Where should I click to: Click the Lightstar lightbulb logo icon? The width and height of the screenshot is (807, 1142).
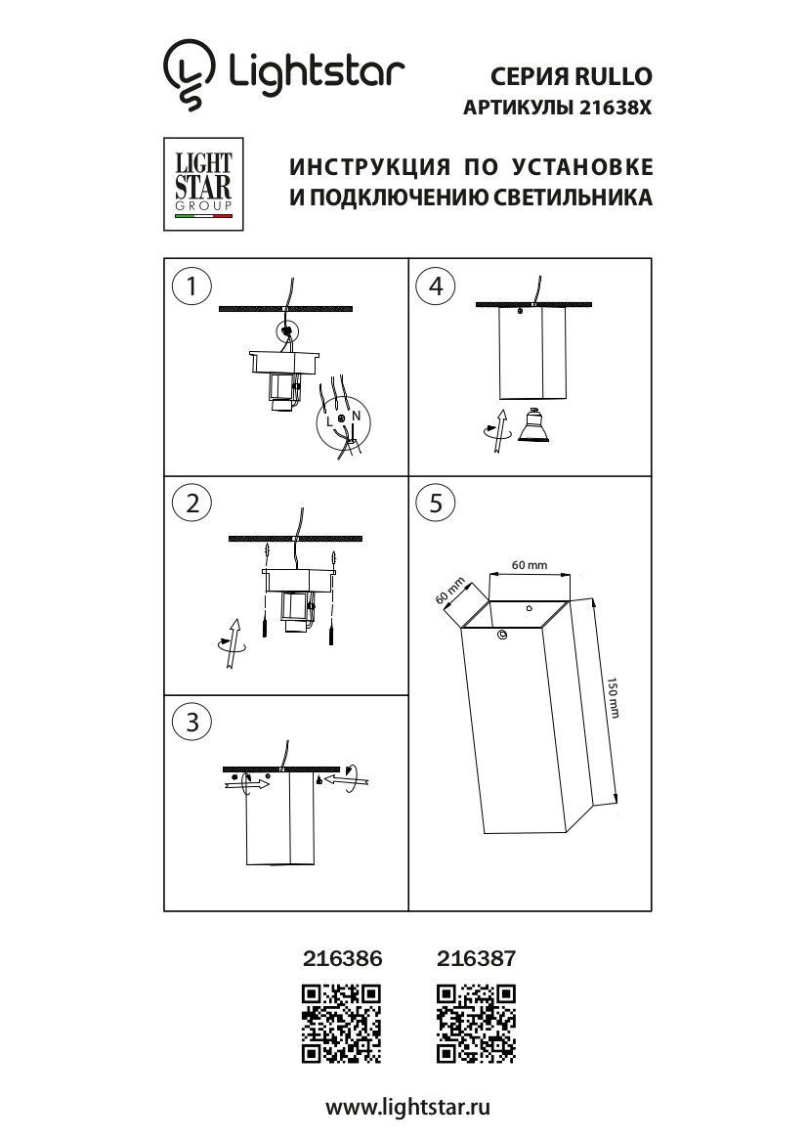point(189,74)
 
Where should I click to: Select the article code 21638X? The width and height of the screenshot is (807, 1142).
point(614,110)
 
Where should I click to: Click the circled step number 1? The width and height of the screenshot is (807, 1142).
point(192,285)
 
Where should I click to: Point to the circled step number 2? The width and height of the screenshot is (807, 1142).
point(192,503)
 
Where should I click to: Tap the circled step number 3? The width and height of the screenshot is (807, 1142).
point(192,722)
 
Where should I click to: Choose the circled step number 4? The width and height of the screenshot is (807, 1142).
point(436,285)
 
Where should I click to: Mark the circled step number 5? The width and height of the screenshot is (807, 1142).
point(436,503)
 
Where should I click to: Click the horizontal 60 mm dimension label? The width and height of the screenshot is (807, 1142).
point(529,566)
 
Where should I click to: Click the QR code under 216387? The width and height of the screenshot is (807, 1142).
point(476,1023)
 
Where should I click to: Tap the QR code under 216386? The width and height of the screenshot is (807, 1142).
point(341,1023)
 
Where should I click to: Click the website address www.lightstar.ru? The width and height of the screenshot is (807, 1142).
point(406,1107)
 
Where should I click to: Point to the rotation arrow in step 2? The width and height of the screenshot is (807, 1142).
point(231,644)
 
